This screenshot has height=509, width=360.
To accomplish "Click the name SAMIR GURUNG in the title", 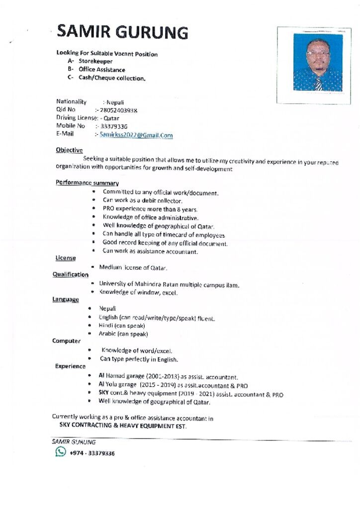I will coord(122,32).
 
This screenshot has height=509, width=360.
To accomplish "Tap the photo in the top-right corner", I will coord(317,62).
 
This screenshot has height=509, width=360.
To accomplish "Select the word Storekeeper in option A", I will coord(95,62).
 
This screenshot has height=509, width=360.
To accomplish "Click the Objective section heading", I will coord(69,150).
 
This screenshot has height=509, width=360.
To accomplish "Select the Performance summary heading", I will coord(87,183).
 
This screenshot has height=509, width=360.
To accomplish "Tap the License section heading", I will coord(66,258).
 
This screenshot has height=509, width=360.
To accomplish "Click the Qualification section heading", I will coord(71,275).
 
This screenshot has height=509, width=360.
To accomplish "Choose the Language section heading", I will coord(66,299).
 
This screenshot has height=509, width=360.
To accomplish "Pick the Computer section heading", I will coord(66,341).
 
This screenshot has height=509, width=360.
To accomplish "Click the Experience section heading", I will coord(70,366).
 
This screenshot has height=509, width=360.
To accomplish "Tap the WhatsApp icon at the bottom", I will coord(61,452).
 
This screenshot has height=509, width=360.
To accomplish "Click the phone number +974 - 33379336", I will coord(92,453).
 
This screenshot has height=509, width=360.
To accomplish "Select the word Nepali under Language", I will coord(107,309).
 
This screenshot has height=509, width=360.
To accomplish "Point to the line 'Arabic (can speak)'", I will coord(123,334).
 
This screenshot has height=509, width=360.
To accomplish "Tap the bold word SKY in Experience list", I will coord(104,394).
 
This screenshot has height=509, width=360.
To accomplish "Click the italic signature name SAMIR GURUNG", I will coord(74,441).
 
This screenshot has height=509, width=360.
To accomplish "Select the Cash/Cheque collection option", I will coord(112,79).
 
